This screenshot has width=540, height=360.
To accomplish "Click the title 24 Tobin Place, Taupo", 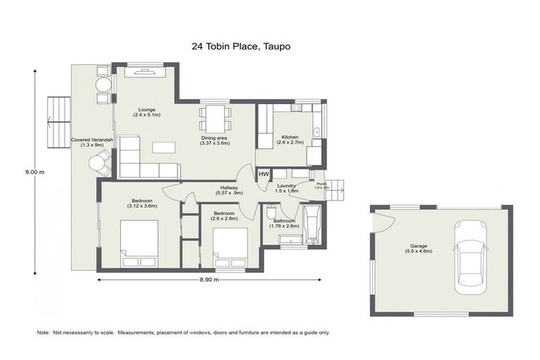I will pos(241,46).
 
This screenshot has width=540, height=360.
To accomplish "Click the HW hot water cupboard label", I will pos(264,174).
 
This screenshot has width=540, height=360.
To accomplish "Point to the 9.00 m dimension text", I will pos(35,171).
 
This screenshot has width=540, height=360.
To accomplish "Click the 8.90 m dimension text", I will pos(210,280).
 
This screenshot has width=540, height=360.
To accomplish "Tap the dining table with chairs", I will pos(216,118).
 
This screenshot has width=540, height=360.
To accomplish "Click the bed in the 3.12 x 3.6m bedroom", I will pos(140,243).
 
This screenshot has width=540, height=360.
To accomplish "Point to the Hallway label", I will pos(229,190).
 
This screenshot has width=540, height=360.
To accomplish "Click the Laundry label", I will pos(287,187).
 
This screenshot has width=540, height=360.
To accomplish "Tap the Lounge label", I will pos(147,111).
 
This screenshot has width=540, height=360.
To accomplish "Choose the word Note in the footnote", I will pos(44,332).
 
